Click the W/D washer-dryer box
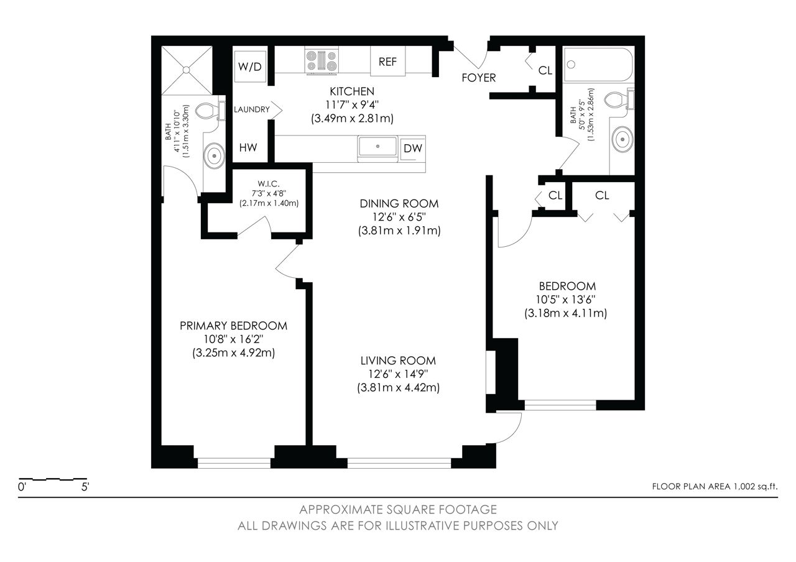(x=250, y=67)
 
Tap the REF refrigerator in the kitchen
(x=387, y=62)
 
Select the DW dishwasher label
(x=412, y=148)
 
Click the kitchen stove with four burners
(x=322, y=62)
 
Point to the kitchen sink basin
(x=377, y=146)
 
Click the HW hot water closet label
(x=248, y=147)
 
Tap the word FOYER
(x=479, y=78)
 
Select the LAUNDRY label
(x=252, y=109)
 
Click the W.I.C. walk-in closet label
(x=269, y=183)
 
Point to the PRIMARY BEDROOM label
(x=233, y=326)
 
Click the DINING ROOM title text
(x=399, y=203)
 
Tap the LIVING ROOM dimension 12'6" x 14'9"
(x=398, y=374)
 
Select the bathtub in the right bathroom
(x=598, y=65)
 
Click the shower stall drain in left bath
(x=187, y=70)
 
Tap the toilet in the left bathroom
(x=210, y=110)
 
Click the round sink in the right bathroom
(x=622, y=139)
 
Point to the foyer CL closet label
(x=545, y=71)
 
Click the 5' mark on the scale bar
(x=85, y=487)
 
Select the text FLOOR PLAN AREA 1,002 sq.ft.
(x=715, y=487)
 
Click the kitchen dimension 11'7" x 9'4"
(x=352, y=105)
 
